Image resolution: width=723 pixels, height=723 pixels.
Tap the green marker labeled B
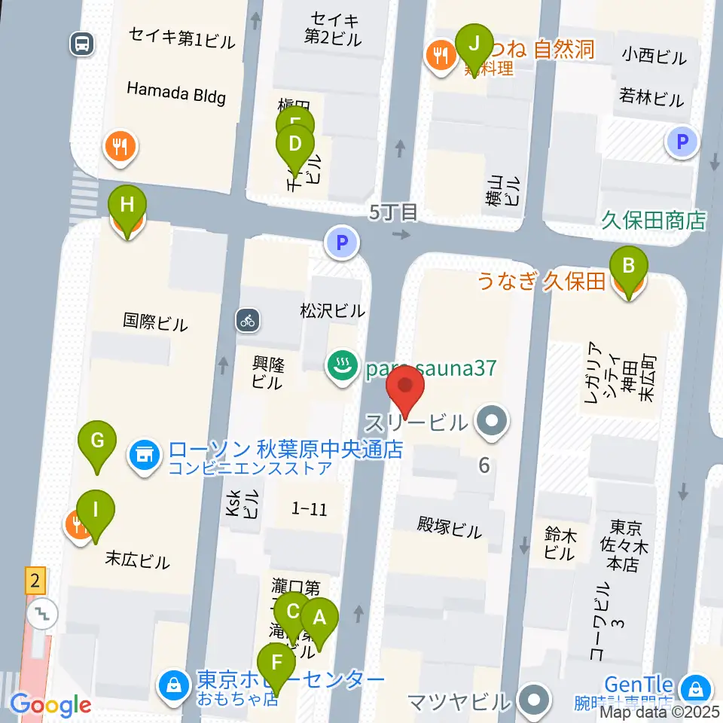(629, 267)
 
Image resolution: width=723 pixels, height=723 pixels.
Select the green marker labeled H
(127, 206)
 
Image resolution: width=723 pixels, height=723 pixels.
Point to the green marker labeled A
(319, 620)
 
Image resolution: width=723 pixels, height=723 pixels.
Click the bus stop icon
(81, 43)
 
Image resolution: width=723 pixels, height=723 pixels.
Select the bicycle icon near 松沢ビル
(248, 319)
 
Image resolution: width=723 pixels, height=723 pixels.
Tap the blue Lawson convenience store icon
(145, 453)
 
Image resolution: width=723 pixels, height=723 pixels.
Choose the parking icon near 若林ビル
(682, 141)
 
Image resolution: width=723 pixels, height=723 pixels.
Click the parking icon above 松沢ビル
(342, 243)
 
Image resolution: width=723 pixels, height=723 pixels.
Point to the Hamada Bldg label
(176, 92)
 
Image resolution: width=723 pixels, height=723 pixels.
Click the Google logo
(51, 705)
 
